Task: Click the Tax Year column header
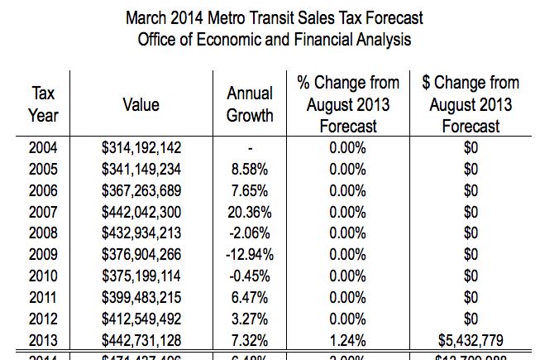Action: tap(43, 105)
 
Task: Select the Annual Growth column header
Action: tap(250, 105)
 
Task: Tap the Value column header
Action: tap(141, 105)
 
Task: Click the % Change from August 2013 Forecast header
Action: tap(347, 104)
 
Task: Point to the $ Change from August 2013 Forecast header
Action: tap(471, 104)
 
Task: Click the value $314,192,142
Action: tap(141, 148)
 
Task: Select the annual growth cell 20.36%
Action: tap(250, 212)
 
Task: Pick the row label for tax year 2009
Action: tap(43, 254)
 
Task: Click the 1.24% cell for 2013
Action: tap(347, 339)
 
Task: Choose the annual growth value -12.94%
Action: tap(250, 254)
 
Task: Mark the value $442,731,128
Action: tap(141, 339)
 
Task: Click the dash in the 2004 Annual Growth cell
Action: tap(250, 149)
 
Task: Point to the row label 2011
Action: tap(43, 296)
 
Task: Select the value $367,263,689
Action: tap(141, 190)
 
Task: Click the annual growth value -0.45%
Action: tap(250, 276)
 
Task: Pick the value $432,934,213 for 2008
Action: tap(141, 233)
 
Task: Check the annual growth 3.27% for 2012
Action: tap(250, 318)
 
